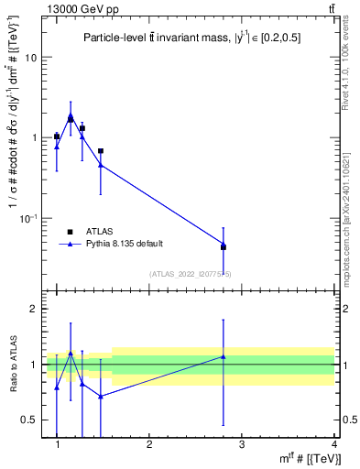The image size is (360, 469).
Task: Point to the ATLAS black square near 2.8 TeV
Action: [224, 247]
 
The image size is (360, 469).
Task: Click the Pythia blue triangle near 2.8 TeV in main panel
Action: [224, 244]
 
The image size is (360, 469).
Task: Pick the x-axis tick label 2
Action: [149, 444]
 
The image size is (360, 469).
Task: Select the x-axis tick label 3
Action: [242, 444]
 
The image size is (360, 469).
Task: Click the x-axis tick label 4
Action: [333, 444]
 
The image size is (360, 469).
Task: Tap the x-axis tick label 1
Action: [57, 444]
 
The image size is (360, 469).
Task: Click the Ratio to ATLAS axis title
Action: [13, 365]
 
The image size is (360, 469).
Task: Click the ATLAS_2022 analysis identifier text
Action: [190, 273]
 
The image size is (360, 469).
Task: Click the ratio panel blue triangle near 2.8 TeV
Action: [224, 356]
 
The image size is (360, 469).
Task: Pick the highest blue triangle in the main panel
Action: [71, 115]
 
